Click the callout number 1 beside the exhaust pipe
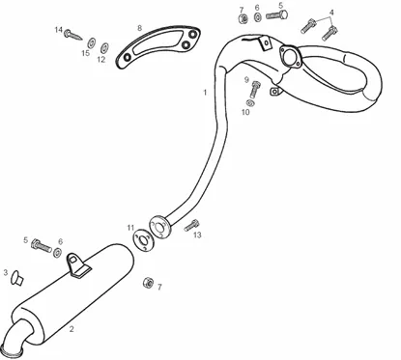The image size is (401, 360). pyautogui.click(x=205, y=93)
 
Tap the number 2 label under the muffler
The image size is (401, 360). pyautogui.click(x=72, y=329)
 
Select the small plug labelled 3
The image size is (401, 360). pyautogui.click(x=16, y=278)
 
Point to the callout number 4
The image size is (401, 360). pyautogui.click(x=331, y=13)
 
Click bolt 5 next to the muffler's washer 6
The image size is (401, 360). pyautogui.click(x=42, y=247)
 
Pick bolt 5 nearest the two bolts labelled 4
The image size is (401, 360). pyautogui.click(x=276, y=14)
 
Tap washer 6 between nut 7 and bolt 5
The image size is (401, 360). pyautogui.click(x=258, y=17)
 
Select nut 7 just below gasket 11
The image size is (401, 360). pyautogui.click(x=148, y=283)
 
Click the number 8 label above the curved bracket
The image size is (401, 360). pyautogui.click(x=139, y=28)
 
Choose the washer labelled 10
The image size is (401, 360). pyautogui.click(x=250, y=103)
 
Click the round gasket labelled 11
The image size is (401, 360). pyautogui.click(x=144, y=241)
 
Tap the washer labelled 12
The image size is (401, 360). pyautogui.click(x=104, y=47)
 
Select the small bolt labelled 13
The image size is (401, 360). pyautogui.click(x=191, y=225)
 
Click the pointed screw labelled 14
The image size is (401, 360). pyautogui.click(x=73, y=35)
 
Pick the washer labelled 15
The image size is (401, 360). pyautogui.click(x=92, y=42)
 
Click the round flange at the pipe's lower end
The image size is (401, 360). pyautogui.click(x=159, y=227)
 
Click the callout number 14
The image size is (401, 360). pyautogui.click(x=58, y=30)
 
